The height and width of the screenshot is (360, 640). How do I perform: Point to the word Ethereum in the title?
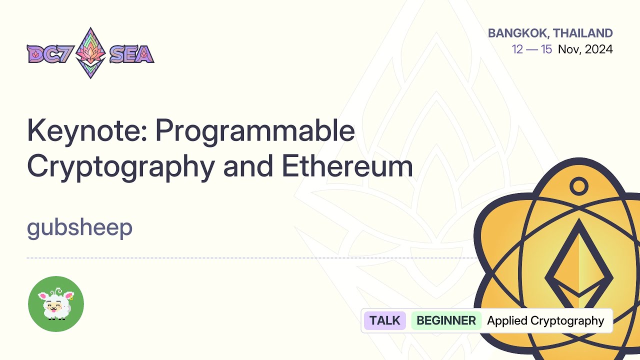347,167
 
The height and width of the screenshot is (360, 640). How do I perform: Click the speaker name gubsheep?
79,228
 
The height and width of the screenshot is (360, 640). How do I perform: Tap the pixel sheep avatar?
56,304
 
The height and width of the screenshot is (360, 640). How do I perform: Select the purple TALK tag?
384,320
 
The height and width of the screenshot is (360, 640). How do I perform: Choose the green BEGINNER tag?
446,320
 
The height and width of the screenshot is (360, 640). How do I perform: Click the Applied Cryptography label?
545,320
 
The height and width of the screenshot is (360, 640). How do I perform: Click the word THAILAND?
583,33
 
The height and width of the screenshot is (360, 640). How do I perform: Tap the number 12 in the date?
518,49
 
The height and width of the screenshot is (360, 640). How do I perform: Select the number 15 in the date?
546,49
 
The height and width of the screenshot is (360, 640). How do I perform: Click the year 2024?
599,49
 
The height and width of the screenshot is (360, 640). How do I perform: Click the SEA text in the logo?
131,54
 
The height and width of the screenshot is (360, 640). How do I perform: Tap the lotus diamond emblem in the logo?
90,53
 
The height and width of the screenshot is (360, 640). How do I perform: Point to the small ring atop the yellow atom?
579,186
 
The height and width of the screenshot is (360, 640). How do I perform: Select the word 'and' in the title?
244,167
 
